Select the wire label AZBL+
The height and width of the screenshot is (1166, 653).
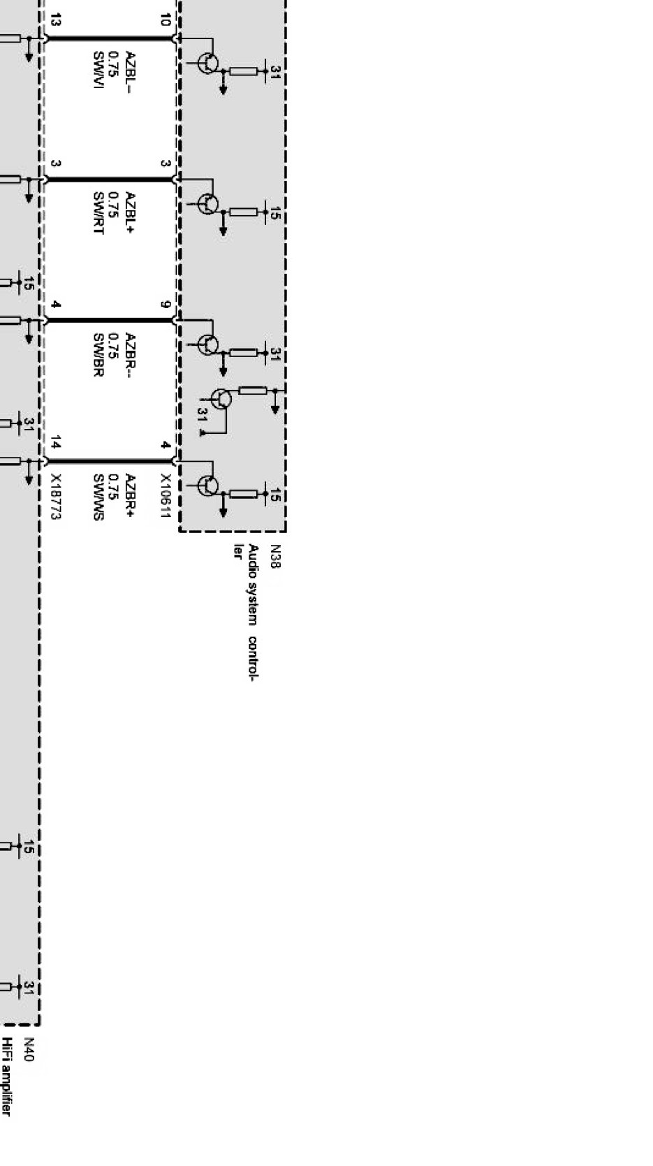tap(130, 211)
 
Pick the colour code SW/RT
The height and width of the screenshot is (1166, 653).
tap(98, 212)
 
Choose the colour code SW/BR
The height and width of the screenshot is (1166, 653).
tap(98, 354)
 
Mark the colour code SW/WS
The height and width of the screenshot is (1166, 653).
tap(98, 497)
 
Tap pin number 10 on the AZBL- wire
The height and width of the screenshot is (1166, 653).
tap(165, 20)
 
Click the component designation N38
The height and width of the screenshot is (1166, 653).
tap(275, 556)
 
